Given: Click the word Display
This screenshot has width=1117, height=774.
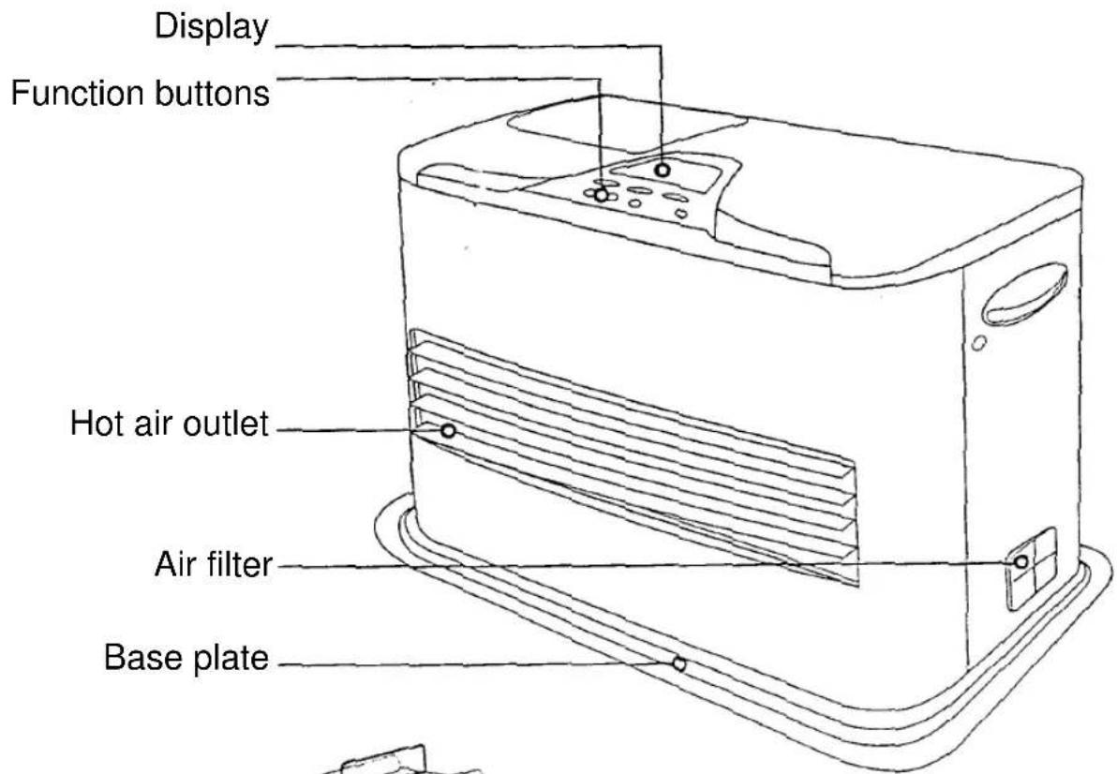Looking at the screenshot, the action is pos(212,28).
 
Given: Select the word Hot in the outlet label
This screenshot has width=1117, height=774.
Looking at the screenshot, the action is pos(97,423).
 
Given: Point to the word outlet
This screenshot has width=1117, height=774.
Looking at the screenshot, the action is pos(226,423).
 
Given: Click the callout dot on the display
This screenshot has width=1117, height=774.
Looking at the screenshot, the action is pos(663,171).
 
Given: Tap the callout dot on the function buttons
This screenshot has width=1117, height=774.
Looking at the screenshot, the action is pos(602,194).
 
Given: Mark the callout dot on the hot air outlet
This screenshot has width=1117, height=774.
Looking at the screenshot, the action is pos(448,431).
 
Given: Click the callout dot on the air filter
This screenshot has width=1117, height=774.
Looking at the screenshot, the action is pos(1020,562).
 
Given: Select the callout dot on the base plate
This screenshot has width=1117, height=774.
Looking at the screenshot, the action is pos(678,663).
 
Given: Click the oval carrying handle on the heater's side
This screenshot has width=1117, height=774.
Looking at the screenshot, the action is pos(1025,294).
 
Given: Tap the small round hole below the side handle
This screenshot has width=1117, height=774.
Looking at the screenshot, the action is pos(979,343).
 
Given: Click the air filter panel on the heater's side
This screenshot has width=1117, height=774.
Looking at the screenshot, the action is pos(1031,568).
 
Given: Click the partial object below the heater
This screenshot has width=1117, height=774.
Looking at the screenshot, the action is pos(399,761).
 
